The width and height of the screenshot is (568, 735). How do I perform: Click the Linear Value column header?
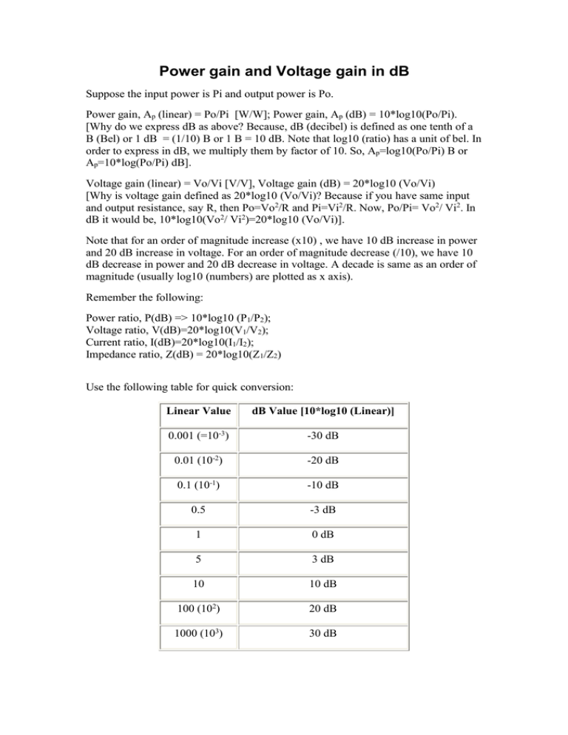point(197,410)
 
